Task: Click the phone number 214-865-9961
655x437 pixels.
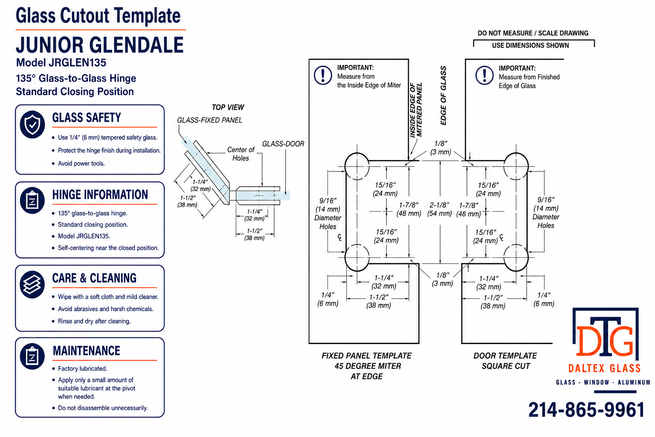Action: (586, 410)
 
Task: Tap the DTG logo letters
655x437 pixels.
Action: (605, 340)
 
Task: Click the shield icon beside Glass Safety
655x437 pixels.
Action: (32, 124)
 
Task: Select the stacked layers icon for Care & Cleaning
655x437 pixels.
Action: (32, 284)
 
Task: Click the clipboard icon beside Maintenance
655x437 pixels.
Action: (32, 356)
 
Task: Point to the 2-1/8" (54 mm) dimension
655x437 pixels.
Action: (440, 209)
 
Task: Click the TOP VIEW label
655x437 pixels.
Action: (228, 108)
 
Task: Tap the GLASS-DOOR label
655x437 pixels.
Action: (283, 144)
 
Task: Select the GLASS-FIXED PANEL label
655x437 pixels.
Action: (210, 120)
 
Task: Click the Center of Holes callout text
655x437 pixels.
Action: (241, 154)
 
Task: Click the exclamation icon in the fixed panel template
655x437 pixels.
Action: (323, 75)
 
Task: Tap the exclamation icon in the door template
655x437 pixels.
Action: (484, 75)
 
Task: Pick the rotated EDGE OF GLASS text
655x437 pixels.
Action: (443, 96)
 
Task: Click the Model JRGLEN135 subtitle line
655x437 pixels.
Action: (61, 63)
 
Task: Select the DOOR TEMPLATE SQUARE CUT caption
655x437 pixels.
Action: (505, 361)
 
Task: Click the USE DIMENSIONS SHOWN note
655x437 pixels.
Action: (530, 45)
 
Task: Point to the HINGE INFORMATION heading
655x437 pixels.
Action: (100, 195)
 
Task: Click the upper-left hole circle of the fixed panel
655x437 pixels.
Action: (357, 166)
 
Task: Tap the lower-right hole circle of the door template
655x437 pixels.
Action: (516, 258)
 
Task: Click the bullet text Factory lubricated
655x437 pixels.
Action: (82, 369)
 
